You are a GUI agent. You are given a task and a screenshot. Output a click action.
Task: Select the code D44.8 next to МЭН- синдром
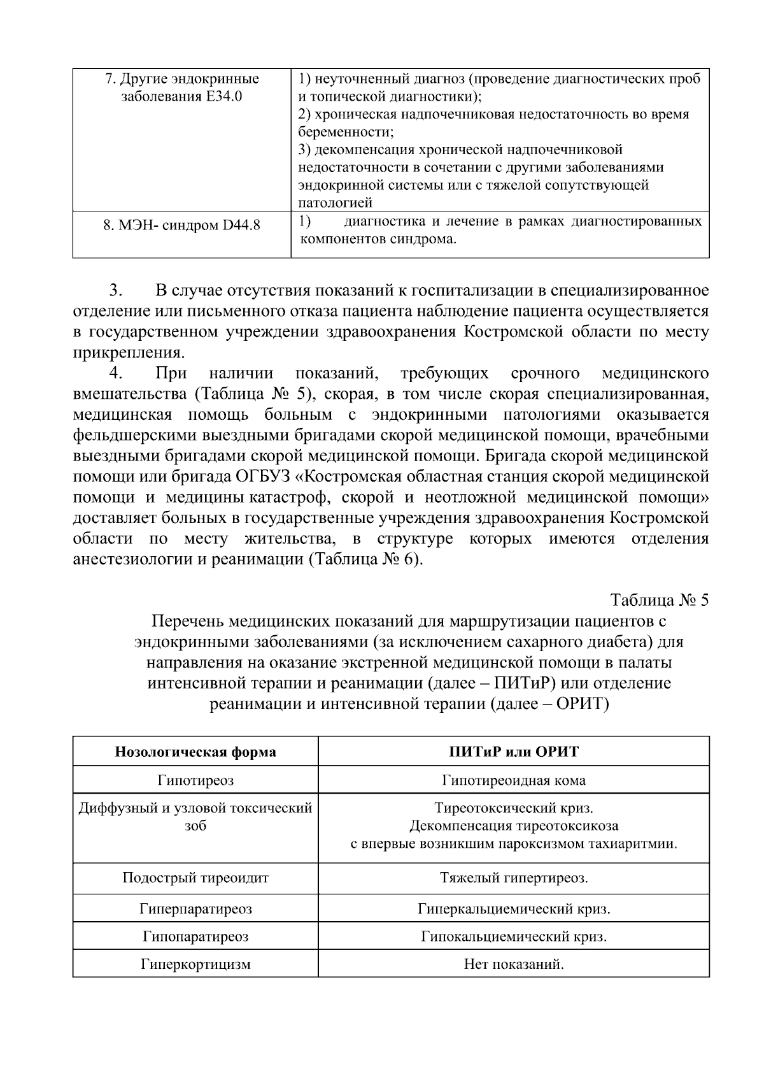click(x=241, y=226)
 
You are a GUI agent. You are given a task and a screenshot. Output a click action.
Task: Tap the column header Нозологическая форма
click(x=195, y=752)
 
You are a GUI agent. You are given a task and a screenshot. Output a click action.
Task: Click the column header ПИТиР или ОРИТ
click(x=513, y=752)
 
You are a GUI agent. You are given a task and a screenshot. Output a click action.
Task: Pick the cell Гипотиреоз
click(x=195, y=780)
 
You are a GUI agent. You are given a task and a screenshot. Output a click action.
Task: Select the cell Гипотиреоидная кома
click(x=513, y=780)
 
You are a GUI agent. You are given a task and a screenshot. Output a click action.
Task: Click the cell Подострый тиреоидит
click(x=195, y=878)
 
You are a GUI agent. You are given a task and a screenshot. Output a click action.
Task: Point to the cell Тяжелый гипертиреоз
click(x=513, y=878)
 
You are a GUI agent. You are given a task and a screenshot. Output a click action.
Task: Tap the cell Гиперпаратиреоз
click(x=195, y=908)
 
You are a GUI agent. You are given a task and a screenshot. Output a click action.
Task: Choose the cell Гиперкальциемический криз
click(x=513, y=908)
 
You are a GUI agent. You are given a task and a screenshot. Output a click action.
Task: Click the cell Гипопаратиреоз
click(x=195, y=936)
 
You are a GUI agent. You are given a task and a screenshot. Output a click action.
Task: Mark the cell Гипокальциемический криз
click(x=513, y=936)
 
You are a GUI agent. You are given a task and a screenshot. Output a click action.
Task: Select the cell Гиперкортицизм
click(x=195, y=964)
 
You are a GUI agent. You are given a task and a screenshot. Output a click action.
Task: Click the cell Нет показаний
click(x=513, y=964)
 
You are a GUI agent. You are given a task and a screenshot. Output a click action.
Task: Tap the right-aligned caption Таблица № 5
click(x=659, y=600)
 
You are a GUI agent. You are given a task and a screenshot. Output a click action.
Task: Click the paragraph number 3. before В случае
click(x=115, y=291)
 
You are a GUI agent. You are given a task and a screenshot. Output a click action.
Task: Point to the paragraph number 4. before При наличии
click(x=115, y=373)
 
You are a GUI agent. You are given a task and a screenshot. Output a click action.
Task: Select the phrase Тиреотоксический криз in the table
click(x=513, y=808)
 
